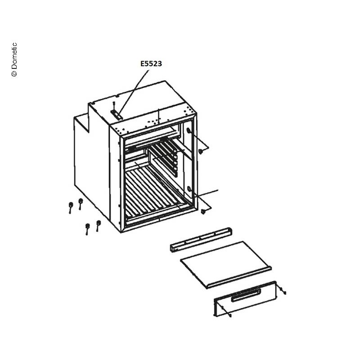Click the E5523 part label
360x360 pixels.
point(151,63)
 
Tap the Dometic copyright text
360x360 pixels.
point(14,59)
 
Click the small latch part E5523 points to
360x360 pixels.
point(117,114)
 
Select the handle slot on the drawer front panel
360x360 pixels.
point(246,295)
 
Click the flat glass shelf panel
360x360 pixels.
point(226,264)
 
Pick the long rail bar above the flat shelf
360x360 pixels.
point(201,240)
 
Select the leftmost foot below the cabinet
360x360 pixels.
point(71,207)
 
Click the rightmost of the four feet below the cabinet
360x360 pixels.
point(98,225)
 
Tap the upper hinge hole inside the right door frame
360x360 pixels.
point(189,131)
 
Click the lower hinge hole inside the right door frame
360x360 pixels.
point(189,189)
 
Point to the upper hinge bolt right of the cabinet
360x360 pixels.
point(200,151)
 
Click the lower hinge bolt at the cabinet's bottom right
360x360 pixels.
point(203,211)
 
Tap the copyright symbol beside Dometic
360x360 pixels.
point(14,73)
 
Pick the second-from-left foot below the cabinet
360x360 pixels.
point(81,203)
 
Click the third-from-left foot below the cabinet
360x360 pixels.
point(87,229)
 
